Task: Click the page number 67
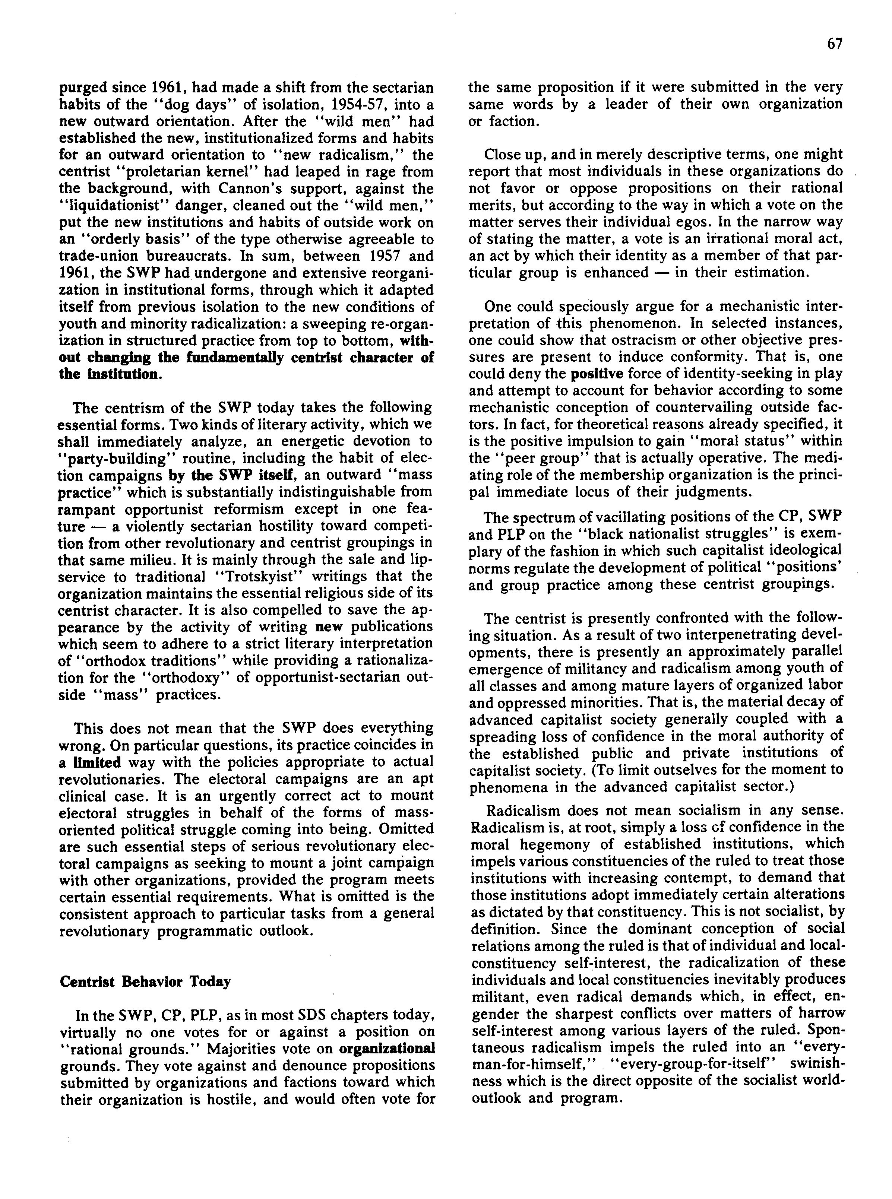pos(834,44)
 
